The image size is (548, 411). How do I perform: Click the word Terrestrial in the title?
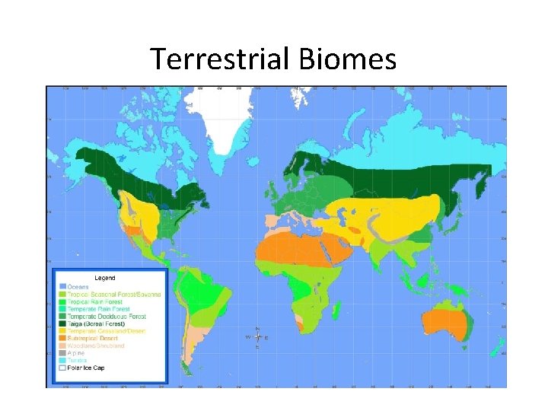[220, 59]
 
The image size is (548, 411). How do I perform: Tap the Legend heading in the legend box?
[105, 278]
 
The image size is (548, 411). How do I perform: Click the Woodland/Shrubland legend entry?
[95, 346]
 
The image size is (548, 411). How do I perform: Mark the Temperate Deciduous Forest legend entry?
[106, 317]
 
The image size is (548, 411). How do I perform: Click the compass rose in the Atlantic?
[257, 337]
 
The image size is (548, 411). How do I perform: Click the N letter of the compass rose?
[257, 328]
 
